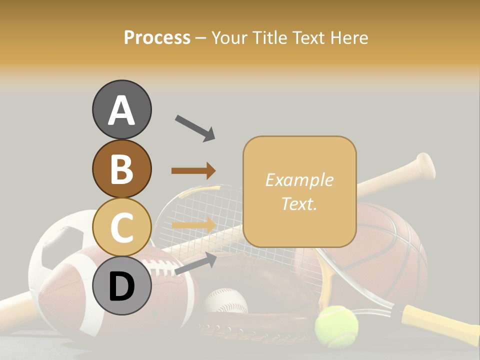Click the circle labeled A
tap(121, 109)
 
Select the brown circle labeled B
tap(121, 168)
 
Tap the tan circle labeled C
tap(121, 227)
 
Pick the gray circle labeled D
tap(121, 285)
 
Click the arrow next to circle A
tap(194, 127)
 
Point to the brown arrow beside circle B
tap(193, 171)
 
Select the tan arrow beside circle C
tap(193, 225)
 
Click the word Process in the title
tap(157, 37)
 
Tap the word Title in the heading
tap(270, 37)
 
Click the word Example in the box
tap(299, 180)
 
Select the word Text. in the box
tap(299, 203)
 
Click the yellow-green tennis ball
tap(336, 325)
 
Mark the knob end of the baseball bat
tap(425, 165)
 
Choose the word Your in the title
tap(230, 37)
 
